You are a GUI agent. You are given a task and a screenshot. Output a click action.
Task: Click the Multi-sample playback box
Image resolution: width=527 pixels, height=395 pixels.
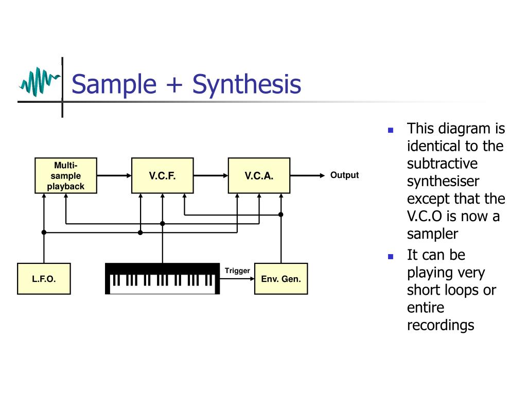tap(66, 175)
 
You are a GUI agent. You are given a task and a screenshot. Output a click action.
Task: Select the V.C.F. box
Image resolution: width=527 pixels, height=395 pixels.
tap(163, 175)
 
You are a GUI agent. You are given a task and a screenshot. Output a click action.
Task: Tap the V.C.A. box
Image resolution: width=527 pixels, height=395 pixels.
tap(259, 175)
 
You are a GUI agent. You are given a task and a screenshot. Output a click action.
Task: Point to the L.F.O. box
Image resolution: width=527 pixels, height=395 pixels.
tap(44, 279)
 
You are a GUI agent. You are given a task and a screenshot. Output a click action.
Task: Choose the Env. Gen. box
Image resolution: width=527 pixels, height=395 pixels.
tap(281, 279)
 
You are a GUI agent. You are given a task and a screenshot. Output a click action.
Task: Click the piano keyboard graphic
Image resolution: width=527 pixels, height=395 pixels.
tap(162, 279)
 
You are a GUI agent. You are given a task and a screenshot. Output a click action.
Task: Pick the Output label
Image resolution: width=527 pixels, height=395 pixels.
tap(344, 175)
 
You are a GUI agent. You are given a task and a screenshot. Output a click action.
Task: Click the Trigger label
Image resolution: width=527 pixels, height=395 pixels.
tap(237, 271)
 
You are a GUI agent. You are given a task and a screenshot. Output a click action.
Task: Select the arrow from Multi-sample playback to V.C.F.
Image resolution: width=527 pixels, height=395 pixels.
tap(114, 175)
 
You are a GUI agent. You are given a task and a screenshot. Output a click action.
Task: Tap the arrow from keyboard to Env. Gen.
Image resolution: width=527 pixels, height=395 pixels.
tap(237, 279)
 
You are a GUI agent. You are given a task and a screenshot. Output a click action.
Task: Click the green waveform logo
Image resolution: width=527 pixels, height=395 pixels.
tap(39, 81)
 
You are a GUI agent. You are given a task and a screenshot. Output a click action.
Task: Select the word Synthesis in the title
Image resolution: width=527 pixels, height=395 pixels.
tap(247, 84)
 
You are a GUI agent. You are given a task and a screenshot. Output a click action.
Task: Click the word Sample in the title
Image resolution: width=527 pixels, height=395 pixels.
tap(114, 84)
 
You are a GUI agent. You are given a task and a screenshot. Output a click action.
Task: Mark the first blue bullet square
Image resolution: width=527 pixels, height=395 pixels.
tap(391, 130)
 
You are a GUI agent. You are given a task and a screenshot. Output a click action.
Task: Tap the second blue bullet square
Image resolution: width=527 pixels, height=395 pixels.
tap(391, 256)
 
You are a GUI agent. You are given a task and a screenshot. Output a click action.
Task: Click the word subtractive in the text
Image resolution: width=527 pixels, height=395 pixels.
tap(442, 164)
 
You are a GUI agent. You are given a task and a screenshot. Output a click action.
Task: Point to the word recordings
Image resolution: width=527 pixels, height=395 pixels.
tap(440, 325)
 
